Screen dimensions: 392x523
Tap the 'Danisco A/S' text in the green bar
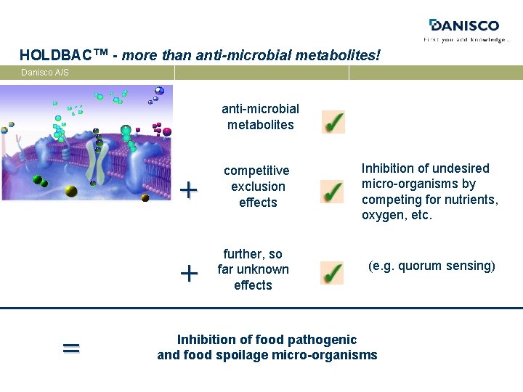pos(45,73)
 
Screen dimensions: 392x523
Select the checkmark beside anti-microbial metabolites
pos(333,122)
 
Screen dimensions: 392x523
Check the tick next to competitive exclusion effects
pos(332,192)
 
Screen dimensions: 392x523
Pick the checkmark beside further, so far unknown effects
pos(331,272)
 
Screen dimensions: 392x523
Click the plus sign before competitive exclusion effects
pos(188,191)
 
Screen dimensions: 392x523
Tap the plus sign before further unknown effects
pos(188,274)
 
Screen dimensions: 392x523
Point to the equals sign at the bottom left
pos(70,348)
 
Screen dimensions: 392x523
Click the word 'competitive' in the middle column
pos(256,171)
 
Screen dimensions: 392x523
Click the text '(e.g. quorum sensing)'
pos(431,266)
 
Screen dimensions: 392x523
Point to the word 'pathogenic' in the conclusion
pos(323,340)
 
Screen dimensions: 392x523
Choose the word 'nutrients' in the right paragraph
pos(471,200)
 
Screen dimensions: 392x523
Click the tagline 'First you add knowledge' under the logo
pos(466,40)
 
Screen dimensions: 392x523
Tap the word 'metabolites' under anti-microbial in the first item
pos(260,125)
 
